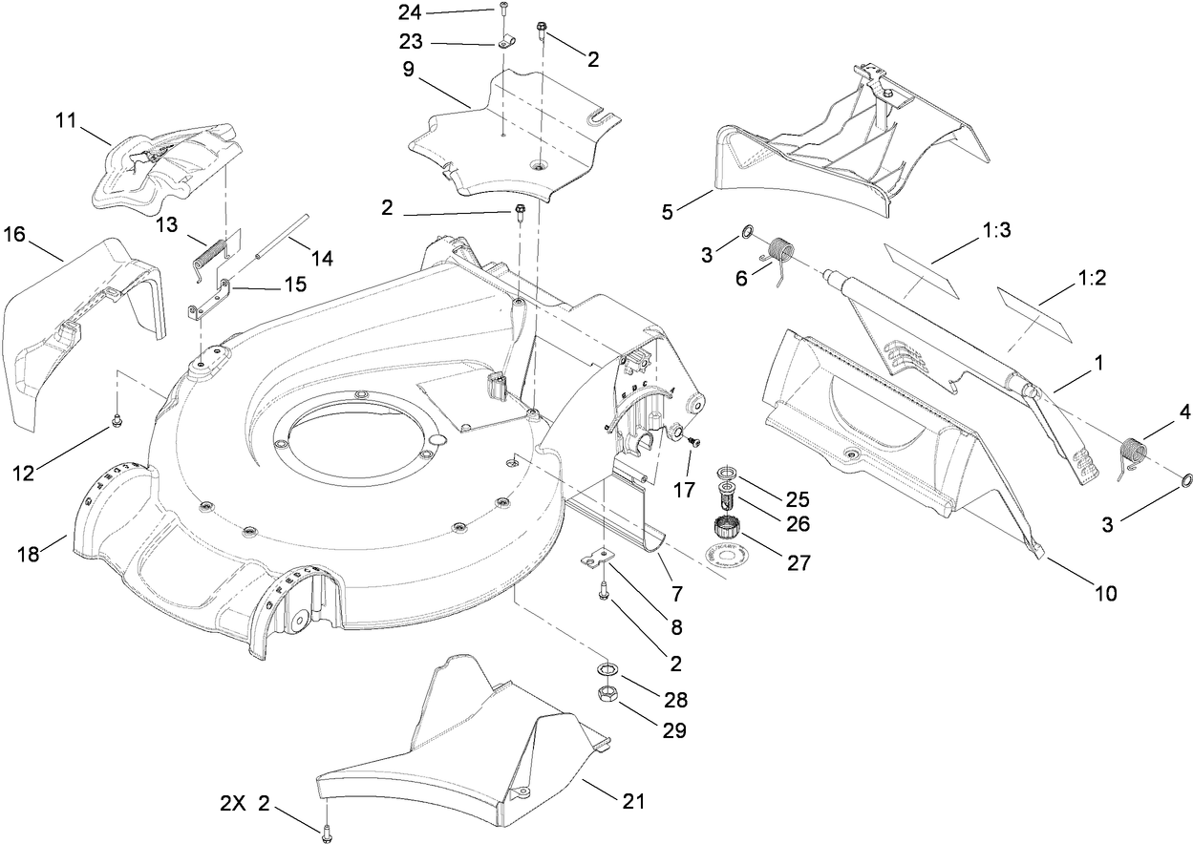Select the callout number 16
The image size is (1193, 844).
[15, 234]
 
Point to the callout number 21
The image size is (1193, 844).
[632, 802]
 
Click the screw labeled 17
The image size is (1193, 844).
[693, 442]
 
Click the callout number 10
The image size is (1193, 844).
[1105, 593]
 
